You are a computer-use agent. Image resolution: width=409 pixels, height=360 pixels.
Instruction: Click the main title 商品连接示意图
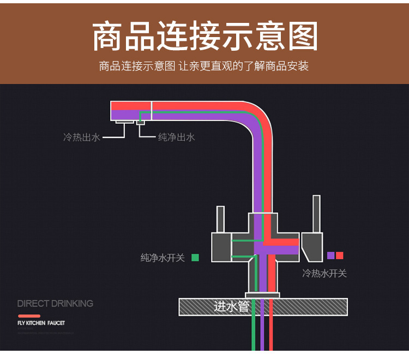coord(204,38)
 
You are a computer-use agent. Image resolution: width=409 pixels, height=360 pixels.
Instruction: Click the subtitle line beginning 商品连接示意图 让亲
coord(204,67)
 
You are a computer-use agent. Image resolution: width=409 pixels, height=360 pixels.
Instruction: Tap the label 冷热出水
coord(82,137)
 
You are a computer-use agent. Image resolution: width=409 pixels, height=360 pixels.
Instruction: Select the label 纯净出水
coord(176,137)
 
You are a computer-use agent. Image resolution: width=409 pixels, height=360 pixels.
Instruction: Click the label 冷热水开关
coord(324,273)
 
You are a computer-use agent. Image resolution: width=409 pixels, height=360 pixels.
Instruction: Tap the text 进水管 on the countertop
coord(231,307)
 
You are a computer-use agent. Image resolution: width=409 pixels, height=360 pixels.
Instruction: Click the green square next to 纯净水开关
coord(195,257)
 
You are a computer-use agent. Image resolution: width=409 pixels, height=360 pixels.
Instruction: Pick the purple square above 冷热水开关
coord(330,255)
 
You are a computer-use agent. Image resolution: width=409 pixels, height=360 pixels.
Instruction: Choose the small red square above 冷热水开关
coord(340,255)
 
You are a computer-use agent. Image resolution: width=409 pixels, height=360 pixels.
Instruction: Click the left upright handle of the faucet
coord(220,219)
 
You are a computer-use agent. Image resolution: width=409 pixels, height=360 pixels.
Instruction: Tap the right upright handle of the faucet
coord(316,214)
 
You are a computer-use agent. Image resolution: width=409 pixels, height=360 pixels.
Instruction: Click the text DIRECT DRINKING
coord(55,303)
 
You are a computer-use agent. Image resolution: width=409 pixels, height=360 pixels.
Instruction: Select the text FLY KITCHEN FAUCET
coord(41,323)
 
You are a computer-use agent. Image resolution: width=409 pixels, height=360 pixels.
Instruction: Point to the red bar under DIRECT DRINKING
coord(29,316)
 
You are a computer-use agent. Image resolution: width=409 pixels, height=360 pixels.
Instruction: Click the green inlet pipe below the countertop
coord(253,333)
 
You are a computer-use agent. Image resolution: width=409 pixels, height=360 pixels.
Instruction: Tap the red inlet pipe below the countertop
coord(270,333)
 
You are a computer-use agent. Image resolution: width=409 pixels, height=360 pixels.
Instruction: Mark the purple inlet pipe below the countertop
coord(262,333)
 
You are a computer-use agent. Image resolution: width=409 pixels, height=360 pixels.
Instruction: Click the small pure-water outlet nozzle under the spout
coord(141,122)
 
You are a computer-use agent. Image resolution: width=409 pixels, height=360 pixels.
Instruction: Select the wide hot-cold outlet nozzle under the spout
coord(125,122)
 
